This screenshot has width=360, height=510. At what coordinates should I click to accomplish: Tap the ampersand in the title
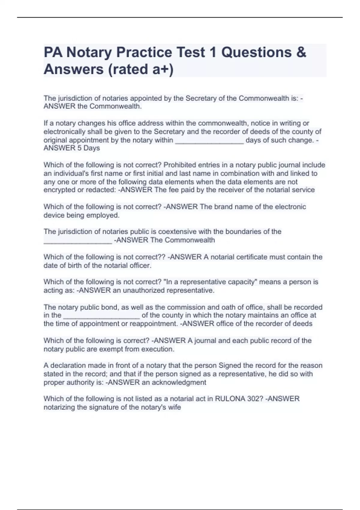pyautogui.click(x=301, y=52)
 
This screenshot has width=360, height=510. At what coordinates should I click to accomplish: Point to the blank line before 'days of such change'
pyautogui.click(x=209, y=141)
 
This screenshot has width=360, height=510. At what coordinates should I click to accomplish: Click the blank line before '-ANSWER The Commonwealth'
pyautogui.click(x=78, y=241)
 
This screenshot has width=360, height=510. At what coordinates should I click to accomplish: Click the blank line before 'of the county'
pyautogui.click(x=101, y=316)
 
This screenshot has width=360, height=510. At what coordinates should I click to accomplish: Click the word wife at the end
pyautogui.click(x=175, y=407)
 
